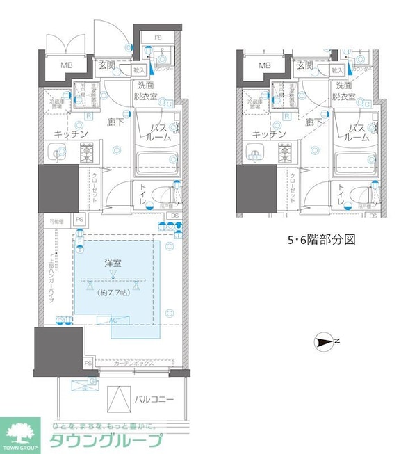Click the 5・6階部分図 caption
[x=321, y=240]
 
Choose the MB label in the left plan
[x=67, y=66]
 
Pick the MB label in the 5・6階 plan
[x=265, y=66]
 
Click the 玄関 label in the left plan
[x=109, y=65]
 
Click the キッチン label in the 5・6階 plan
[x=270, y=133]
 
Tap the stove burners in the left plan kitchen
[x=88, y=152]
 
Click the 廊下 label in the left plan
[x=117, y=122]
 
